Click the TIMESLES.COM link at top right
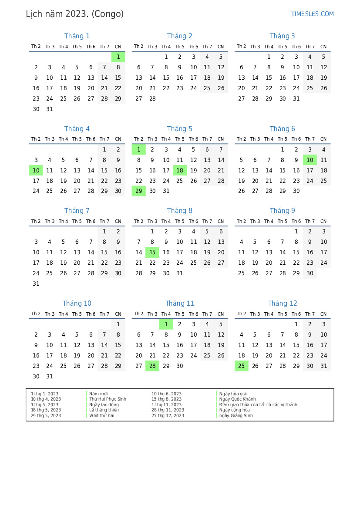click(x=312, y=14)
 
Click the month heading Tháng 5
click(x=179, y=129)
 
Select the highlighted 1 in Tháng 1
click(x=118, y=57)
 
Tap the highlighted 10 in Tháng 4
click(x=36, y=171)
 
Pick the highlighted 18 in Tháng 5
click(x=180, y=171)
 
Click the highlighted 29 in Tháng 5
click(x=139, y=191)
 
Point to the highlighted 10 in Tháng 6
click(x=310, y=160)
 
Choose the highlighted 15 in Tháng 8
click(x=152, y=252)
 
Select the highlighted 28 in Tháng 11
click(x=152, y=366)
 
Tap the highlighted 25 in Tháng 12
click(x=242, y=366)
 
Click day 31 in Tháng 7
click(x=36, y=283)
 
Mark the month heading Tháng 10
click(x=77, y=303)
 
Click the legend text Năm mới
click(x=98, y=394)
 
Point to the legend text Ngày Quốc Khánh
click(x=237, y=399)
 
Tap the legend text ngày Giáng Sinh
click(x=236, y=415)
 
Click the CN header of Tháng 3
click(x=323, y=47)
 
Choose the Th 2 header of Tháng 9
click(x=241, y=221)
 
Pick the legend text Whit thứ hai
click(x=101, y=415)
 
